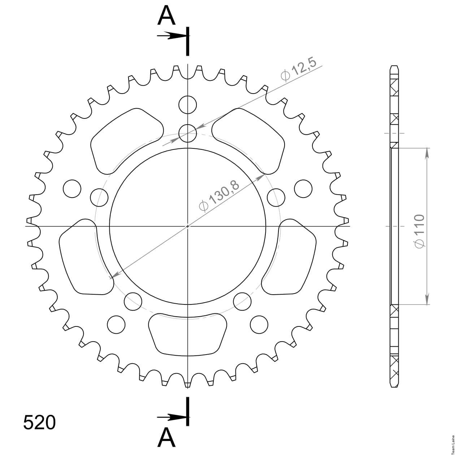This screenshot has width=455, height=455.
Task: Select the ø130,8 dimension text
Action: [x=219, y=195]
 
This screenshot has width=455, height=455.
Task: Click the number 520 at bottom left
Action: [x=39, y=422]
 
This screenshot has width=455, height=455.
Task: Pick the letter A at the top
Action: [x=166, y=16]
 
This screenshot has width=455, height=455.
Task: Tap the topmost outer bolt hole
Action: [x=188, y=105]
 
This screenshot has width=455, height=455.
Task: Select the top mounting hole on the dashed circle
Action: [x=188, y=133]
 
